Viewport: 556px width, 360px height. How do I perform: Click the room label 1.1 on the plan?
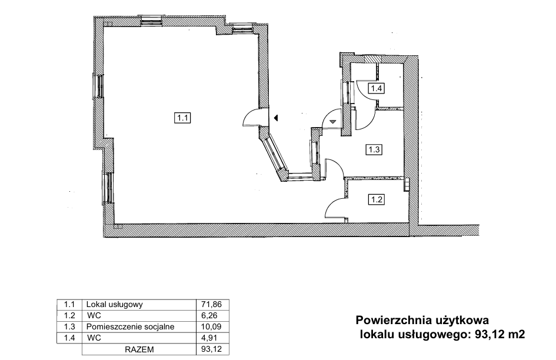pyautogui.click(x=182, y=118)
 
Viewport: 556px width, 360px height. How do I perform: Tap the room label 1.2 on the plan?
pyautogui.click(x=376, y=199)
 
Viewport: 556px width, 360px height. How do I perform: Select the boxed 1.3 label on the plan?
pyautogui.click(x=374, y=149)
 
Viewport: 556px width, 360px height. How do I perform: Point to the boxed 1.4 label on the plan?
pyautogui.click(x=376, y=88)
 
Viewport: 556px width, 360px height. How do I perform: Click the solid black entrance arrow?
pyautogui.click(x=275, y=118)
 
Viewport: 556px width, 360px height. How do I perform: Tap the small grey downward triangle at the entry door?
pyautogui.click(x=332, y=122)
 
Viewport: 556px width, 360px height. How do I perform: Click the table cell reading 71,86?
pyautogui.click(x=211, y=304)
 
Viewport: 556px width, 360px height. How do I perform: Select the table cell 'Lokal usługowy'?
pyautogui.click(x=115, y=304)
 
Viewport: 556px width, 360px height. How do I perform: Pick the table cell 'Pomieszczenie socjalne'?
pyautogui.click(x=131, y=326)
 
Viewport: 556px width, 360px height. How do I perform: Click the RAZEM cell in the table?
pyautogui.click(x=139, y=349)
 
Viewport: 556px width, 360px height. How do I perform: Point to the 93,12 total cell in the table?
pyautogui.click(x=211, y=349)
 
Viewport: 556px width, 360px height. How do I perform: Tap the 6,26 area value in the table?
pyautogui.click(x=209, y=315)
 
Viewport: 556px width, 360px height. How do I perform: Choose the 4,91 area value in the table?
pyautogui.click(x=209, y=338)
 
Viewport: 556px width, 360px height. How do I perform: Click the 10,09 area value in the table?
pyautogui.click(x=211, y=326)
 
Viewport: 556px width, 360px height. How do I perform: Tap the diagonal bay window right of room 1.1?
pyautogui.click(x=275, y=155)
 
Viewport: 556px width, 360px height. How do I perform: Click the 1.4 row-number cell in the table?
pyautogui.click(x=69, y=338)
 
